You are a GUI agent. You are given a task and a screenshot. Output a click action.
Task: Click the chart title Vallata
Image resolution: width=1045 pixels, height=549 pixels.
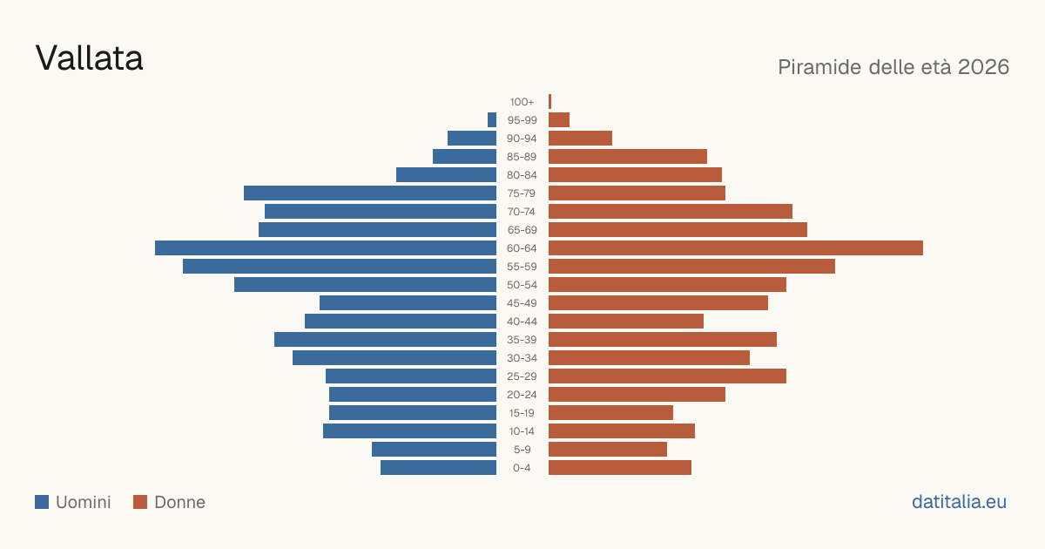point(89,58)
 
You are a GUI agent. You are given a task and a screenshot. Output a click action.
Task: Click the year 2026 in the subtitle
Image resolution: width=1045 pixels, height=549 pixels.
point(983,67)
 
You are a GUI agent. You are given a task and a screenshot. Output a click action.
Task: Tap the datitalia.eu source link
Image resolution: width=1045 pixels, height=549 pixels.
point(959,502)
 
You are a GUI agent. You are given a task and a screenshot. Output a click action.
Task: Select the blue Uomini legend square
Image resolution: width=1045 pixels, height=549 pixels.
point(42,502)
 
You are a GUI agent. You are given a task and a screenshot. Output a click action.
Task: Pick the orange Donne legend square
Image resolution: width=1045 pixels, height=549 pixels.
point(140,502)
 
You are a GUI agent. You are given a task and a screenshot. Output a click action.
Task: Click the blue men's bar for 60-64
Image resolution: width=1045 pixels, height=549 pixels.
point(326,247)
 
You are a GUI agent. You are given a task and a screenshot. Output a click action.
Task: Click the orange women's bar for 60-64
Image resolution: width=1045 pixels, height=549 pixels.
point(736,247)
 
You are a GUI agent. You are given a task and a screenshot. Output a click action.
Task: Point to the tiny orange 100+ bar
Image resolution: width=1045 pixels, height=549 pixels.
point(550,101)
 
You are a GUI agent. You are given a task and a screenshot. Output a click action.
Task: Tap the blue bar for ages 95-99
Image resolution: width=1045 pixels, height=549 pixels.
point(492,120)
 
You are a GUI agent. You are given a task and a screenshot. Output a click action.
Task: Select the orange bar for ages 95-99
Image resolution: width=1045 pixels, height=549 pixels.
point(559,120)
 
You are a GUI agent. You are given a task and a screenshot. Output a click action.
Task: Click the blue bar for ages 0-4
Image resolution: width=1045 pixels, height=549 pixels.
point(439,467)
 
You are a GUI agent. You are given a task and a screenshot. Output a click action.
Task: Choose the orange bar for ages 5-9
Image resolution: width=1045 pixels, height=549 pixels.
point(608,449)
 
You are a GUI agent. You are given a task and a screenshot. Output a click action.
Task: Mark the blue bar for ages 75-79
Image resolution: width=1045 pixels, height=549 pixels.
point(370,193)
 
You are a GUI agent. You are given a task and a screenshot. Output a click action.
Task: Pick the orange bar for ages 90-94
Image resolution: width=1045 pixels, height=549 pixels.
point(580,139)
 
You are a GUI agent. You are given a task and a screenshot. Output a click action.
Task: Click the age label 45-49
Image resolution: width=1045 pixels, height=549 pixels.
point(522,303)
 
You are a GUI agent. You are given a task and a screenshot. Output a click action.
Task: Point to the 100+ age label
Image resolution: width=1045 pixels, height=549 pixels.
point(522,102)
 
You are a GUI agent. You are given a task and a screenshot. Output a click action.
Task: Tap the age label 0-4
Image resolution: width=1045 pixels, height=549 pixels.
point(522,468)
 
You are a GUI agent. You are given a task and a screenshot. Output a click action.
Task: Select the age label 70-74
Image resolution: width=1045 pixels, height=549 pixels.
point(522,212)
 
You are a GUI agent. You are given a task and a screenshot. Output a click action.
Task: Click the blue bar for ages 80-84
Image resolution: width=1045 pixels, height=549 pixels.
point(447,174)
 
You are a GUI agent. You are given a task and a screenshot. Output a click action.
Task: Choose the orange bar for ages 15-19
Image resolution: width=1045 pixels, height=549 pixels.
point(610,413)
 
